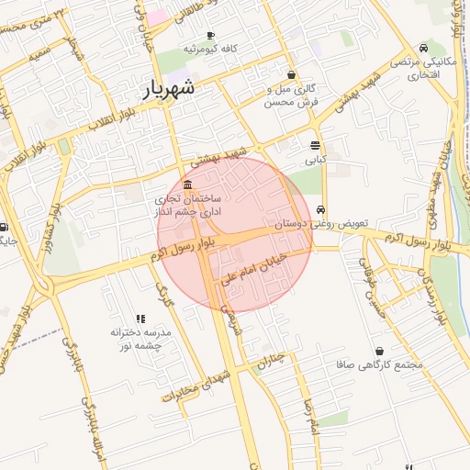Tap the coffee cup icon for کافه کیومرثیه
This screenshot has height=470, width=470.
coord(210,36)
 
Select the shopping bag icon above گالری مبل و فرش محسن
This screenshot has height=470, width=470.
coord(292,75)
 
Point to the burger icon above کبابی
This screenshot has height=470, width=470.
coord(316,146)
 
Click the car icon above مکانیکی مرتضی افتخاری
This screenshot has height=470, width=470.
coord(422,48)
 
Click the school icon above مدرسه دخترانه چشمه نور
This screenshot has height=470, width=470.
coord(140,318)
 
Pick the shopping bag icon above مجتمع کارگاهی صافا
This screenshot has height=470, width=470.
coord(380,352)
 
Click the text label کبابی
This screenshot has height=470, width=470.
coord(316,160)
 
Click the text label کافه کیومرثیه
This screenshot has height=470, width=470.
coord(211,48)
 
